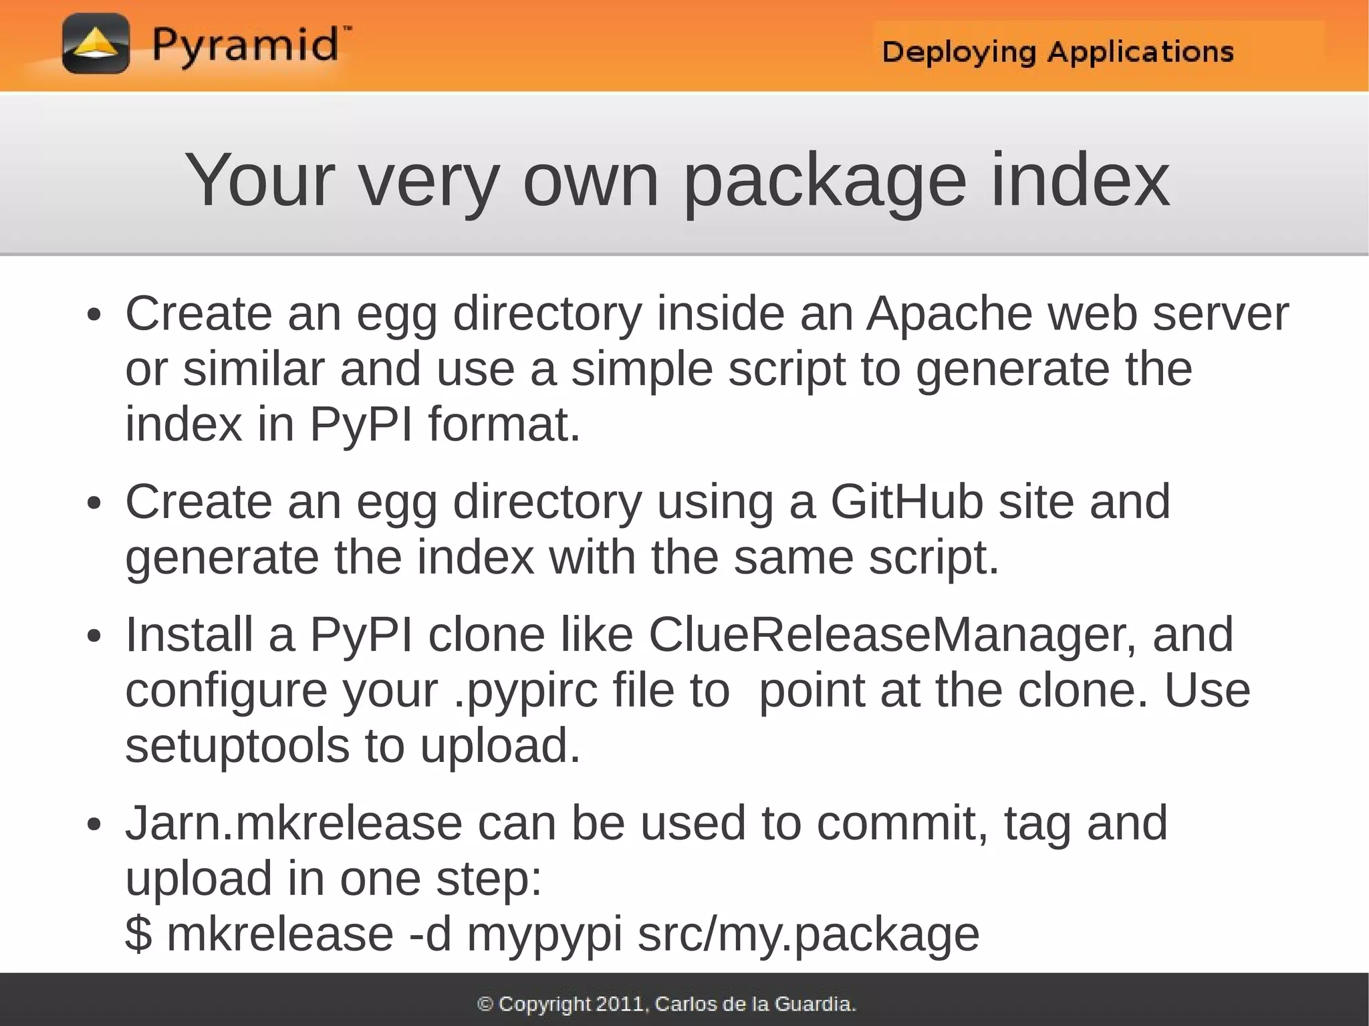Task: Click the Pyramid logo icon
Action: [96, 43]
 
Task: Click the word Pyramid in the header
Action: [245, 45]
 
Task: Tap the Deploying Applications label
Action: [1057, 51]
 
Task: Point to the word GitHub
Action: [906, 501]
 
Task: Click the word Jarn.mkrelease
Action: [293, 823]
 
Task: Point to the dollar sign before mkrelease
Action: [138, 934]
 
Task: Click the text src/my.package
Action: [808, 934]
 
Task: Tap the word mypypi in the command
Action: [544, 935]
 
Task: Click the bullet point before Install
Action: [94, 636]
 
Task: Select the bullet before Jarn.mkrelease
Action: [94, 824]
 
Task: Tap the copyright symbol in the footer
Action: [485, 1004]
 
